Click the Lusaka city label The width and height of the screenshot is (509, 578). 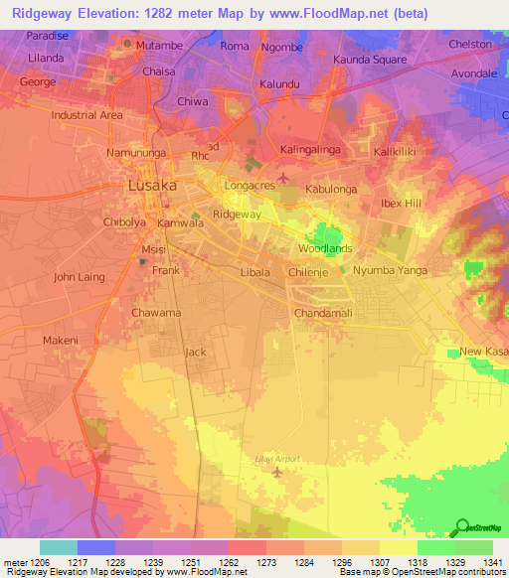(152, 186)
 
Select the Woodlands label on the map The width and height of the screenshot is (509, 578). (325, 248)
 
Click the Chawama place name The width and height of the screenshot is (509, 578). (156, 313)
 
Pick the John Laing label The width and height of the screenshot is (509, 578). (79, 277)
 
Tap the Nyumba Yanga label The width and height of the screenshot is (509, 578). (390, 270)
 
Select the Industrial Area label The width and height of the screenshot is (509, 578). (87, 115)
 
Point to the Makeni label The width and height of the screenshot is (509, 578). (60, 341)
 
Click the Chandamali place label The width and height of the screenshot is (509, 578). (324, 314)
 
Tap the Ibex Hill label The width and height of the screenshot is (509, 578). (402, 204)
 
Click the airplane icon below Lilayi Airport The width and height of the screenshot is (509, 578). (277, 471)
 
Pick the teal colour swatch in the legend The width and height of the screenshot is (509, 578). (58, 547)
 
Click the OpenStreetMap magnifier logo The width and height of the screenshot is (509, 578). (459, 526)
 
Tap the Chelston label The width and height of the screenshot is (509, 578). (470, 44)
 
